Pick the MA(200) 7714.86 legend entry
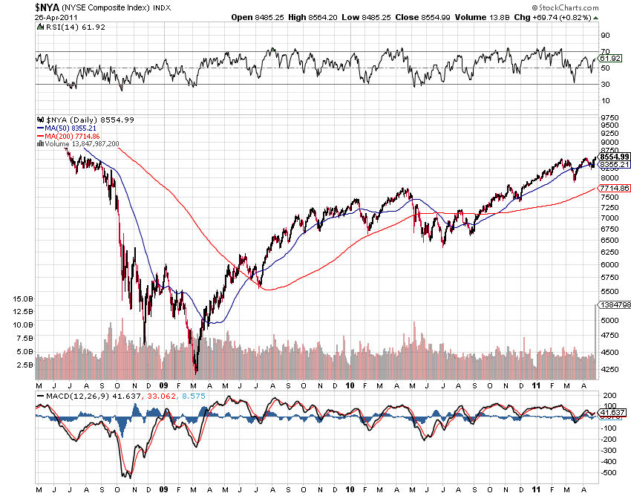coord(78,136)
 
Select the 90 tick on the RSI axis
coord(605,35)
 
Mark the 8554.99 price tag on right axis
coord(615,157)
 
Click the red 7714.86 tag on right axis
coord(615,189)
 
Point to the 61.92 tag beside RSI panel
coord(609,58)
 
